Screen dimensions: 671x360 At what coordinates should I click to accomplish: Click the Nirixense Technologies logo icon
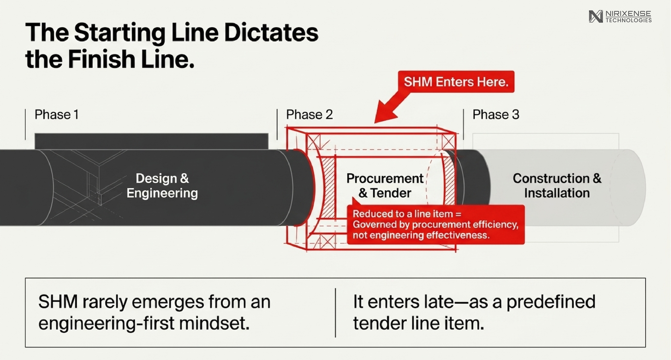[596, 16]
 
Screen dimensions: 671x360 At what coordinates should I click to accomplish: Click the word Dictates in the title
[271, 33]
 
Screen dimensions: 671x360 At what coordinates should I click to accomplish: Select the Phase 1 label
[57, 115]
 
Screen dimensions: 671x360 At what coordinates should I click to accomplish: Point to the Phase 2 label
[309, 115]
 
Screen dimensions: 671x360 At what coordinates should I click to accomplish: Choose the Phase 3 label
[496, 115]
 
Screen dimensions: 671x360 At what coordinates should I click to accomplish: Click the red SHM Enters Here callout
[456, 82]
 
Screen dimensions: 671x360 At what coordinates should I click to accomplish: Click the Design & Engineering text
[162, 186]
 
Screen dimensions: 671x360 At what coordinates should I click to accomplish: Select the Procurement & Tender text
[385, 186]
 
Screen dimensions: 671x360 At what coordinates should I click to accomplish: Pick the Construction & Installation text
[557, 186]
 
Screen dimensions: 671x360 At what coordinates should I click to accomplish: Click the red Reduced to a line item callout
[436, 224]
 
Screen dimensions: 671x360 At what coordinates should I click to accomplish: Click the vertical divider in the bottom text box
[335, 312]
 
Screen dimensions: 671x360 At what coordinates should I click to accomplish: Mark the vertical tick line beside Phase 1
[25, 124]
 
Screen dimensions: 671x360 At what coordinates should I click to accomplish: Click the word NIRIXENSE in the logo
[628, 14]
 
